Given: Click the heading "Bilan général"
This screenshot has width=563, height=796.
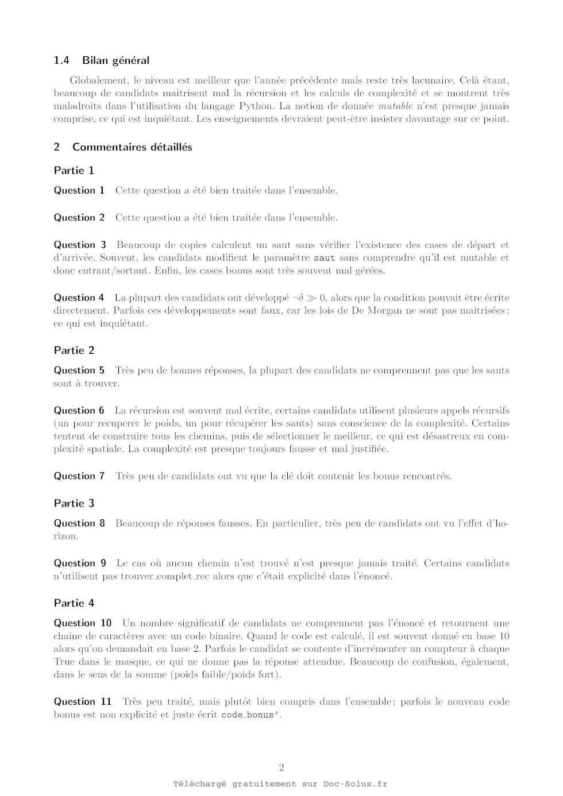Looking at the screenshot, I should (115, 60).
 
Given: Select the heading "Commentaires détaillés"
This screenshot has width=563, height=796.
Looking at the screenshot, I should (132, 147).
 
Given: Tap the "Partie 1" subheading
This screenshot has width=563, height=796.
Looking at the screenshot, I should (74, 171).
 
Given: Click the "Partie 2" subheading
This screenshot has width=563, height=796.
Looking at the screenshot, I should (74, 350).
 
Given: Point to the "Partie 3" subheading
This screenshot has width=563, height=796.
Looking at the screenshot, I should (74, 503).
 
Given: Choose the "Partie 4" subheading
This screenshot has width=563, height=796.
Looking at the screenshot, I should (74, 603).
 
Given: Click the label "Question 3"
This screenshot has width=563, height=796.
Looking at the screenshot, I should (80, 245).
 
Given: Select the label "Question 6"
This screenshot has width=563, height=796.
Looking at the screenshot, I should (79, 410).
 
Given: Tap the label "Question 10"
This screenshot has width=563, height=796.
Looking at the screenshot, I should (83, 623).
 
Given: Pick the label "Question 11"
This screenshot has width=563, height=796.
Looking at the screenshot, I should (83, 701).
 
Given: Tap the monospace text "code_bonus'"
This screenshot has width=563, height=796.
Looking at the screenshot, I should (251, 715).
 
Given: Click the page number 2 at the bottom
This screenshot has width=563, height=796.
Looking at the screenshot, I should (281, 767).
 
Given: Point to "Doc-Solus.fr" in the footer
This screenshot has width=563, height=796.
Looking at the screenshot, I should (355, 784).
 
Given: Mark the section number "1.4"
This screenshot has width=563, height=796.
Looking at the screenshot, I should (61, 60).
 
